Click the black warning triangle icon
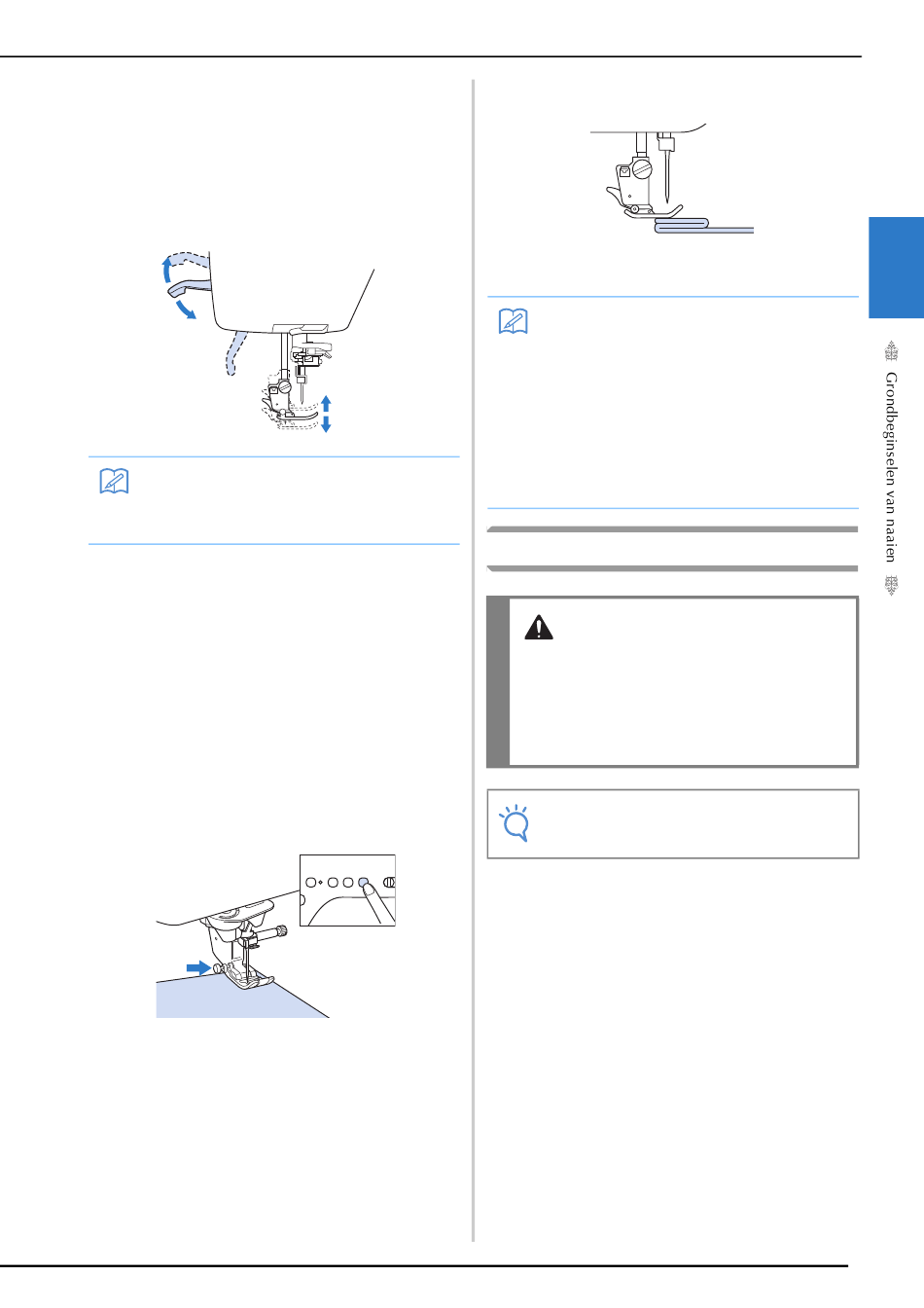click(x=538, y=627)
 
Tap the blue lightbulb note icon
click(x=515, y=822)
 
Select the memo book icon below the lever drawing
click(x=114, y=481)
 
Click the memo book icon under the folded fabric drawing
click(x=514, y=320)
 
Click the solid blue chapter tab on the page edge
click(x=896, y=268)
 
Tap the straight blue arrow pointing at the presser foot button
click(x=198, y=967)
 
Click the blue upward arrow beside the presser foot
click(x=326, y=404)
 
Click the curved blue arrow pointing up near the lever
click(x=167, y=272)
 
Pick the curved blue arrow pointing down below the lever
click(x=186, y=309)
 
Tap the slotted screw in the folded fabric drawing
click(x=642, y=168)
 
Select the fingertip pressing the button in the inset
click(x=369, y=889)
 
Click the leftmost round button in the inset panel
click(x=311, y=883)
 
